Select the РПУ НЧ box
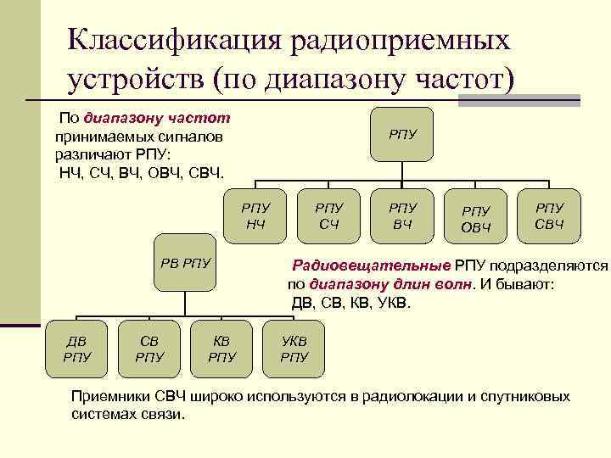coord(255,215)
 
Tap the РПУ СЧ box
coord(329,215)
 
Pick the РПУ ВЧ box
coord(403,215)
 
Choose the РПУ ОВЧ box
coord(476,216)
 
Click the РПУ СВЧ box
coord(550,215)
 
